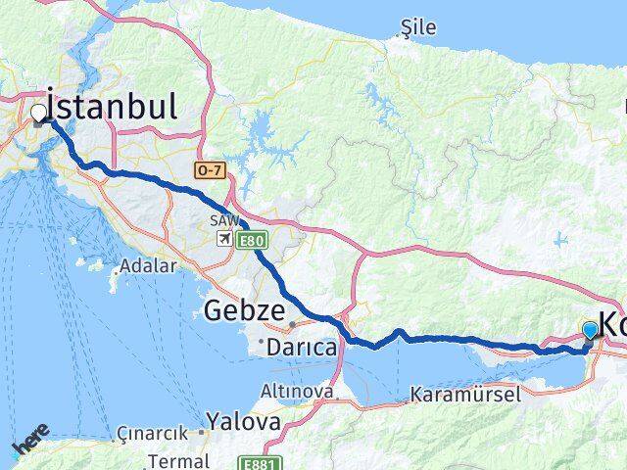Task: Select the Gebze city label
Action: tap(245, 311)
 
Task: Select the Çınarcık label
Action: tap(152, 433)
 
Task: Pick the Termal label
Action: tap(177, 460)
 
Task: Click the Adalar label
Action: tap(148, 265)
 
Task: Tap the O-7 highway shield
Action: tap(210, 170)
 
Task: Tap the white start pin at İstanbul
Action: tap(39, 114)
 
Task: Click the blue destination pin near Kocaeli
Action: tap(590, 331)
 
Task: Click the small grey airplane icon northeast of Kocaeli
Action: tap(560, 239)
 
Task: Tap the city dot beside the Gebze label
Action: tap(292, 323)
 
